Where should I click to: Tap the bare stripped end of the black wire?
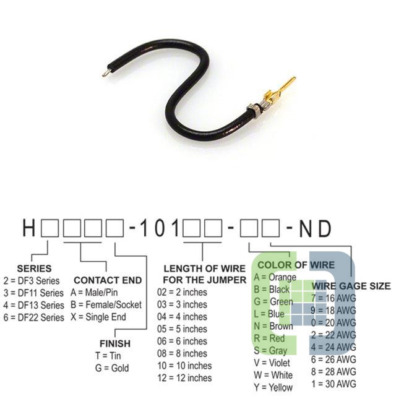tap(105, 74)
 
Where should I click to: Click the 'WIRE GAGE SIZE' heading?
tap(351, 286)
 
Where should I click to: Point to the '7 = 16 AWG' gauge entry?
tap(334, 298)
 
